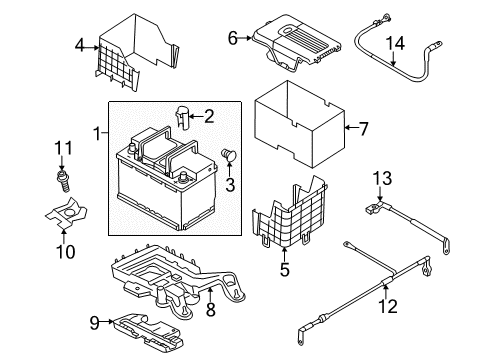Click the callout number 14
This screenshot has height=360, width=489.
tap(395, 44)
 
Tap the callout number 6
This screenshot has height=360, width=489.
tap(233, 38)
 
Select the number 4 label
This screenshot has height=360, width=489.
tap(80, 45)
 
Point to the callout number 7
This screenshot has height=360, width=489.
tap(363, 129)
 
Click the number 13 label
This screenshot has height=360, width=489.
tap(382, 178)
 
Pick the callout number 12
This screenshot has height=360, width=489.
tap(388, 307)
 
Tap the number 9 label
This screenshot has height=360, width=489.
tap(95, 323)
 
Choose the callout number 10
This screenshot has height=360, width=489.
tap(66, 252)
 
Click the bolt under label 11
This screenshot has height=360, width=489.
tap(63, 181)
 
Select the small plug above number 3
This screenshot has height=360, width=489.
tap(229, 155)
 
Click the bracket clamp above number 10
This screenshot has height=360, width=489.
tap(66, 213)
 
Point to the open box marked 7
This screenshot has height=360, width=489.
tap(300, 124)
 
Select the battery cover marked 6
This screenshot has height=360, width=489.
tap(297, 42)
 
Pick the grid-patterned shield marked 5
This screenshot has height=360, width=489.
tap(289, 213)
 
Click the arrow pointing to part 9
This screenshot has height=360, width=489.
tap(107, 322)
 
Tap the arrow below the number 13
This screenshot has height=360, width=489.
tap(380, 193)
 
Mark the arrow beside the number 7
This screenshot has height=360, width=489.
tap(351, 127)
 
